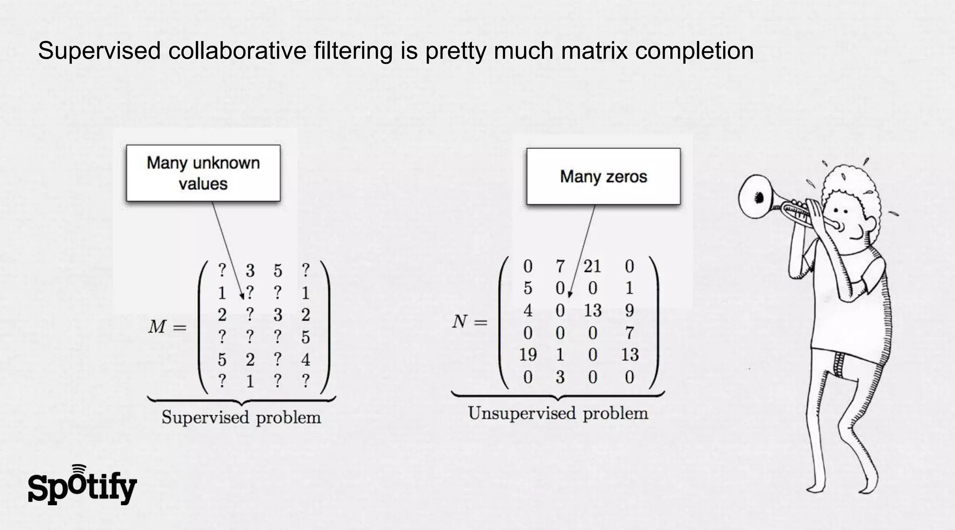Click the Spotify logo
82,486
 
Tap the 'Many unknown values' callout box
203,173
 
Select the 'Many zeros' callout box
603,176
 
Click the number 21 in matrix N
592,266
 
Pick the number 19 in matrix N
528,355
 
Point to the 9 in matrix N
629,310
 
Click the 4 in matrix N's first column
528,310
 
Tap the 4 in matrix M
305,359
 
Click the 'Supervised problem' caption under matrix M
241,417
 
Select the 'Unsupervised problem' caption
558,413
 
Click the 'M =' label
167,327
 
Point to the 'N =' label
470,322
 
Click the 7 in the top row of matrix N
560,266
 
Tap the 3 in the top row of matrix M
250,270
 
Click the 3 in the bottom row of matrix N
560,377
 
